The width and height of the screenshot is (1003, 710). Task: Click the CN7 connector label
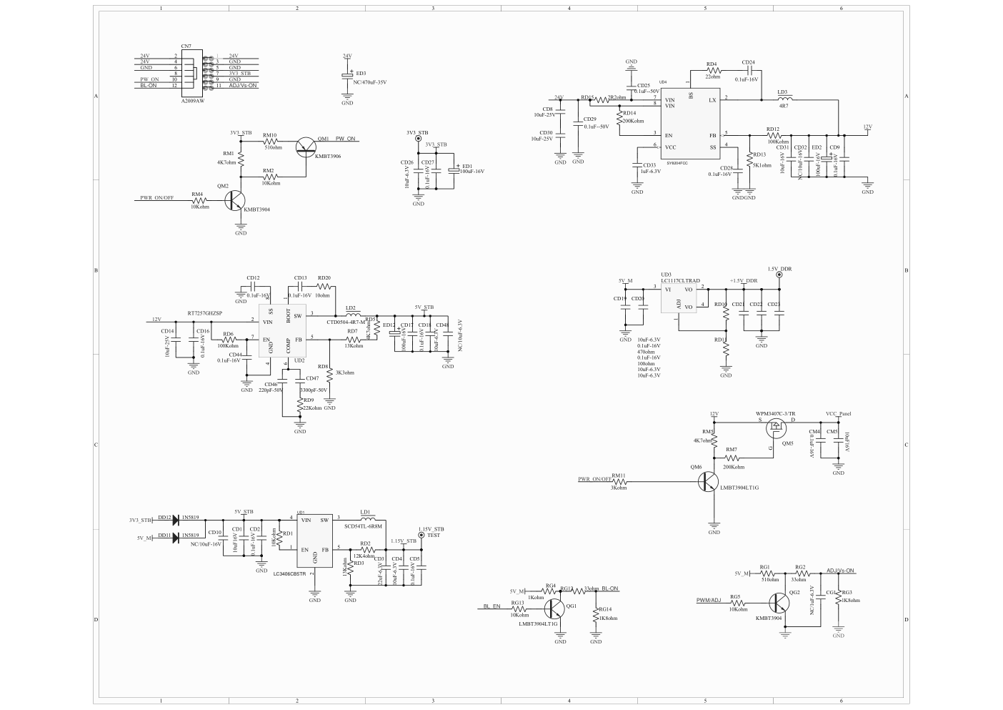186,46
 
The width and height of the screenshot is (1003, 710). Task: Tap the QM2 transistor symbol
236,201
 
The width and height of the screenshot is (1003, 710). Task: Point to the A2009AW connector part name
192,102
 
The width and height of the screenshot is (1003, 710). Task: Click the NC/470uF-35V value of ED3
370,82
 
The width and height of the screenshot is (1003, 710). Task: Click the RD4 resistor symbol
712,71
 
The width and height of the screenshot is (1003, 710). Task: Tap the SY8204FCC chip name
677,163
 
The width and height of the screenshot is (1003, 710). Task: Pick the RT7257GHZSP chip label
204,313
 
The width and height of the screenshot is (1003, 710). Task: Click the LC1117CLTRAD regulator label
680,281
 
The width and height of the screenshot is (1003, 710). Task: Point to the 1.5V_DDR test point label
779,269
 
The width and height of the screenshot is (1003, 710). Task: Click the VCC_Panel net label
838,414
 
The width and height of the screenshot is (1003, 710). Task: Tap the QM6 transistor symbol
709,482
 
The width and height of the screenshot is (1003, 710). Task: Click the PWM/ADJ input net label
709,600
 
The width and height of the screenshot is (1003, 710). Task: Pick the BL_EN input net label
492,606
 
